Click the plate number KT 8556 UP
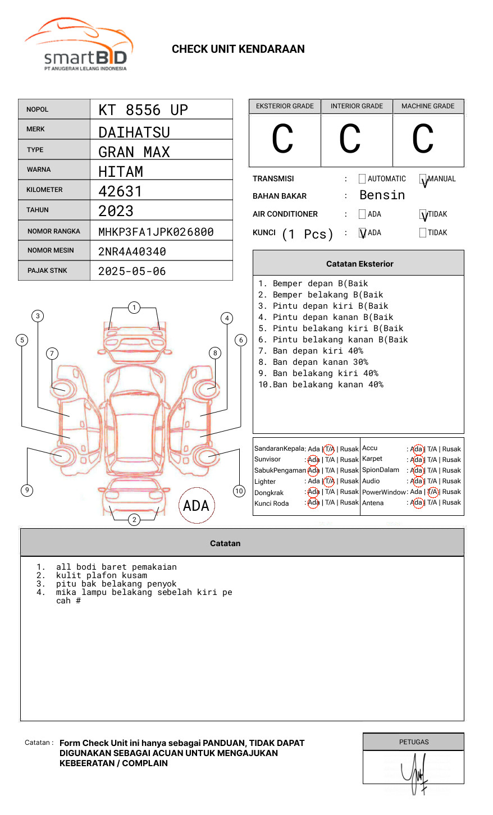(143, 110)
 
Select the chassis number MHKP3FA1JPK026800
(156, 232)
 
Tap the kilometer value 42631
(120, 191)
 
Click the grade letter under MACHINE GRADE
(423, 140)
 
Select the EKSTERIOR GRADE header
(285, 106)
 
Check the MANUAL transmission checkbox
(423, 179)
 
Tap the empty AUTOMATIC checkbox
(362, 179)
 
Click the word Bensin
(382, 195)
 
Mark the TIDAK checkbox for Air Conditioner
(423, 214)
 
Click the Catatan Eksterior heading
(359, 264)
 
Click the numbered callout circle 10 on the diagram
(239, 491)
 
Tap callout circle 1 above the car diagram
(134, 307)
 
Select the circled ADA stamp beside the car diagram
(196, 506)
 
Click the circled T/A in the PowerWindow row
(432, 492)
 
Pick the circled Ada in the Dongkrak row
(313, 492)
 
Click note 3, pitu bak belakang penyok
(116, 584)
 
